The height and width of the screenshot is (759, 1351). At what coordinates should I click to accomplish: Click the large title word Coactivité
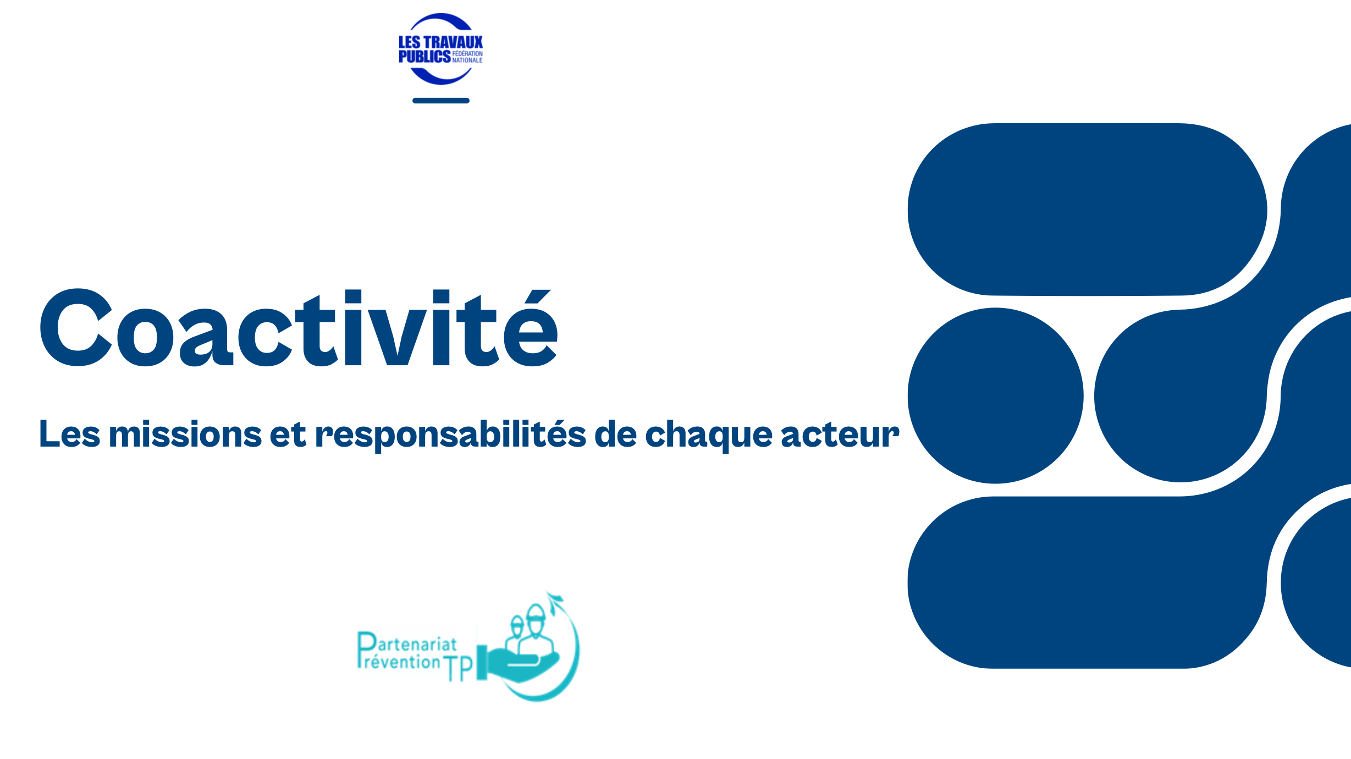point(299,327)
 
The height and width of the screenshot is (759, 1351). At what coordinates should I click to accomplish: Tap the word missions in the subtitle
point(185,435)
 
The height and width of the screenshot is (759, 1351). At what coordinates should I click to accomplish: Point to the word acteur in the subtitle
point(840,436)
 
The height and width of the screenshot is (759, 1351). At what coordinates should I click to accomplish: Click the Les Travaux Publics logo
point(441,49)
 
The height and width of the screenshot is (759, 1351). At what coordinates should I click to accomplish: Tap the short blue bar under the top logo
point(441,101)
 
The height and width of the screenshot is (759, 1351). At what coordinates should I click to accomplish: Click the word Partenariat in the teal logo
point(407,643)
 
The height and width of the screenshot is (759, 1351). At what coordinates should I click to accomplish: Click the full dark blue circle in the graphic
point(996,395)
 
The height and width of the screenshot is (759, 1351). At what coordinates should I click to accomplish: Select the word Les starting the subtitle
point(70,435)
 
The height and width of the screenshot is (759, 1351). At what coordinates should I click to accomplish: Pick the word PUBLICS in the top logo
point(424,56)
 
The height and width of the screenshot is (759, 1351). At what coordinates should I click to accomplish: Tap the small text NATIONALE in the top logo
point(467,60)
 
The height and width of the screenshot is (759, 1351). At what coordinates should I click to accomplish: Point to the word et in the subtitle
point(288,435)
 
